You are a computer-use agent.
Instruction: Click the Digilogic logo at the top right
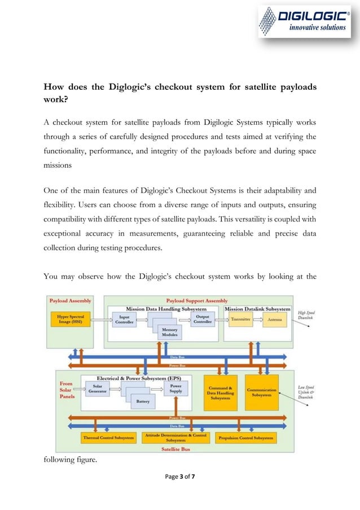[x=303, y=22]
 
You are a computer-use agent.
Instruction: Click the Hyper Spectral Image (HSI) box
[x=72, y=319]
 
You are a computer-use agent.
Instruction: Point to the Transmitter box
[x=241, y=320]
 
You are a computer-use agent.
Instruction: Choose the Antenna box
[x=274, y=320]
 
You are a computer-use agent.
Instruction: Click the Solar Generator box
[x=97, y=390]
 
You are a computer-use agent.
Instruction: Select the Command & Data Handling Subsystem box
[x=220, y=393]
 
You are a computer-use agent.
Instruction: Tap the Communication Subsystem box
[x=261, y=393]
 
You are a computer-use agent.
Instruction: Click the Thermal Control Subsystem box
[x=109, y=438]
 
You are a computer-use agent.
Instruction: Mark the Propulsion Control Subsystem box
[x=245, y=438]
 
